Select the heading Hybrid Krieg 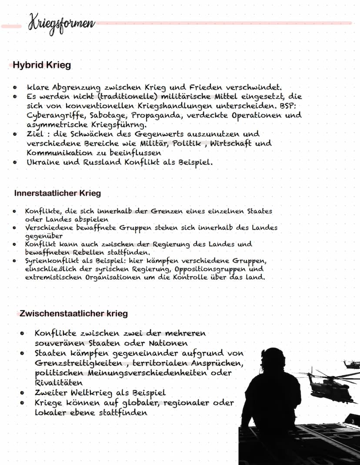click(42, 66)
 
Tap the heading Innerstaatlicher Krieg click(57, 193)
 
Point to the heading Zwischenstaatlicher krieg click(73, 313)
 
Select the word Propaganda click(156, 115)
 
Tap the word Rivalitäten click(59, 383)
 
